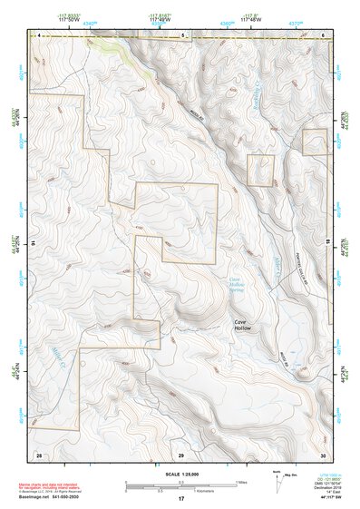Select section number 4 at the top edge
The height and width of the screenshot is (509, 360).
(39, 34)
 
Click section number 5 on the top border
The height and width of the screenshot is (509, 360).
(182, 34)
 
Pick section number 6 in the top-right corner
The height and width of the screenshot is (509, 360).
(324, 34)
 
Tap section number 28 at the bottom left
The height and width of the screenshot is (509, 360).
(39, 453)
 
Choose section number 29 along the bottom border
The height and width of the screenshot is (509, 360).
(180, 453)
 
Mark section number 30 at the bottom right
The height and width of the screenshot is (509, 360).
(322, 453)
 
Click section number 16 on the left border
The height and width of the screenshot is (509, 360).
(33, 244)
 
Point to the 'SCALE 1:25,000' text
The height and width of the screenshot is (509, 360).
(180, 474)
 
